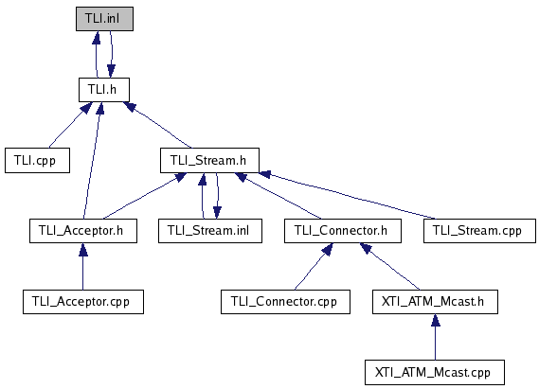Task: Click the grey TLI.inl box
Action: coord(104,19)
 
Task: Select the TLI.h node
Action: coord(104,90)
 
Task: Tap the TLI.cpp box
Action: coord(38,160)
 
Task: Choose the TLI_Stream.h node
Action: coord(209,160)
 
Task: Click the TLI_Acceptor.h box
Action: coord(83,231)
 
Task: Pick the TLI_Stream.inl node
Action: coord(210,231)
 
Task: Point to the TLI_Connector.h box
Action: coord(343,231)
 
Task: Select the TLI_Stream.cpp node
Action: coord(479,231)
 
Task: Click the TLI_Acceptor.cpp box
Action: coord(83,302)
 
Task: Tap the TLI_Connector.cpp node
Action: coord(285,302)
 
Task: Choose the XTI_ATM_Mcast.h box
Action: coord(435,302)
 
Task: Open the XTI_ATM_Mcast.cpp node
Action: coord(435,373)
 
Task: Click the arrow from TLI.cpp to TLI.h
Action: coord(71,125)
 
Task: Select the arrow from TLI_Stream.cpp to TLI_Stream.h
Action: coord(348,195)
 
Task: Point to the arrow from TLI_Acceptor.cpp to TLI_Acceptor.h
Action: coord(82,266)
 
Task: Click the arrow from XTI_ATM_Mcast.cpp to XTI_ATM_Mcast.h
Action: coord(435,337)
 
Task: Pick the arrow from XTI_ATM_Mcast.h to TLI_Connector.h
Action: coord(389,266)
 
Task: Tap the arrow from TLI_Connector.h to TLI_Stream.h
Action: coord(278,196)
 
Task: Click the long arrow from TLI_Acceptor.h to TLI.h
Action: coord(92,160)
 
